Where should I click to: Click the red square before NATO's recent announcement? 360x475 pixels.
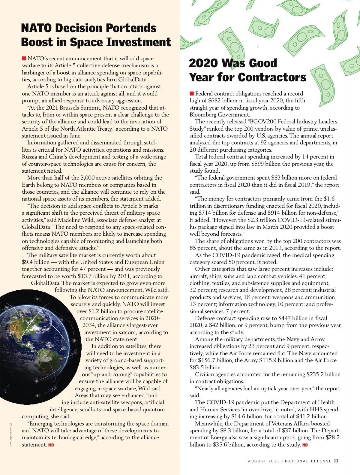tap(24, 58)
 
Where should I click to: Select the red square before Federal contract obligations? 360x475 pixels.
tap(192, 94)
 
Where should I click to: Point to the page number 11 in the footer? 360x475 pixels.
tap(336, 461)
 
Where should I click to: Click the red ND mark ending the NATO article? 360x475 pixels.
tap(51, 445)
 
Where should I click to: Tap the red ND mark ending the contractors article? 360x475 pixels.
tap(305, 445)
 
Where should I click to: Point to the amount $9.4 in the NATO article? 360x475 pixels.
tap(27, 262)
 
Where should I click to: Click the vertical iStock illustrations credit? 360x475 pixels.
tap(11, 434)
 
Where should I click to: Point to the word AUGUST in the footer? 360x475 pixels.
tap(257, 461)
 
